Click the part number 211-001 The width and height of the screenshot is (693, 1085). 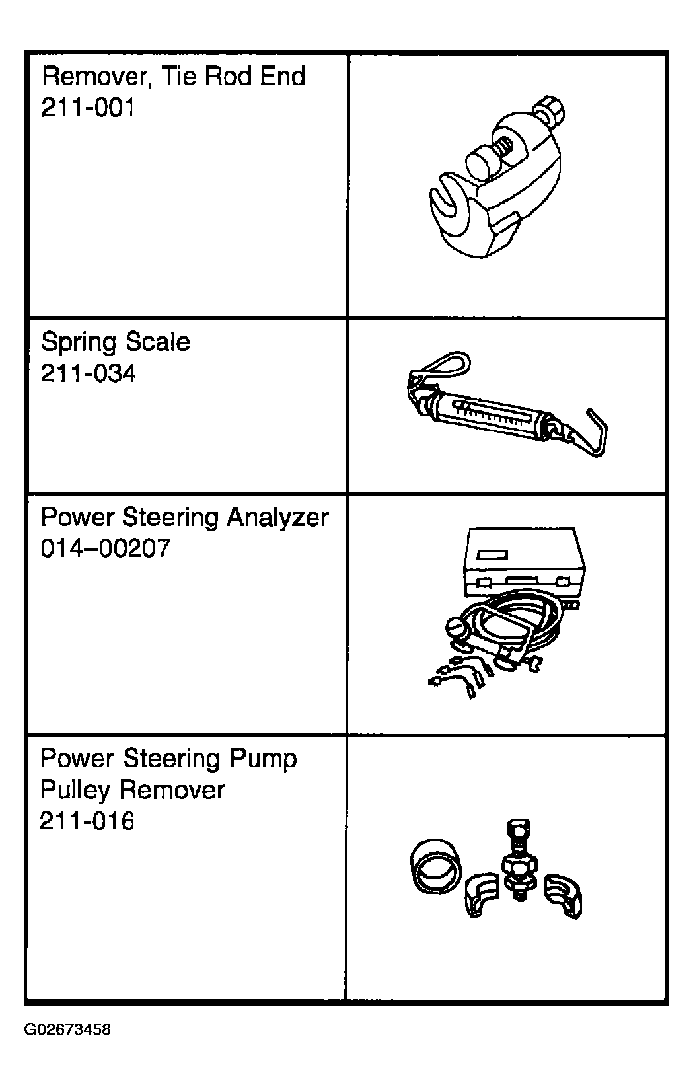click(87, 108)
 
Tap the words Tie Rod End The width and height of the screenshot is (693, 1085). click(233, 76)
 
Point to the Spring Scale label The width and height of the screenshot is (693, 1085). click(115, 342)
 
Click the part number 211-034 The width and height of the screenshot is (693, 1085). click(88, 373)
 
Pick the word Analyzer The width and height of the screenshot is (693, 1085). click(278, 517)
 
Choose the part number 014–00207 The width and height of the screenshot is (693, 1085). click(105, 548)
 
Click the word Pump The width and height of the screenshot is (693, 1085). click(263, 759)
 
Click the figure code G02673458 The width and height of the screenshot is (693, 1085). click(67, 1029)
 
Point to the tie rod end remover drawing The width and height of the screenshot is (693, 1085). click(497, 177)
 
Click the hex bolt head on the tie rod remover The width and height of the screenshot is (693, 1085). click(550, 111)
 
